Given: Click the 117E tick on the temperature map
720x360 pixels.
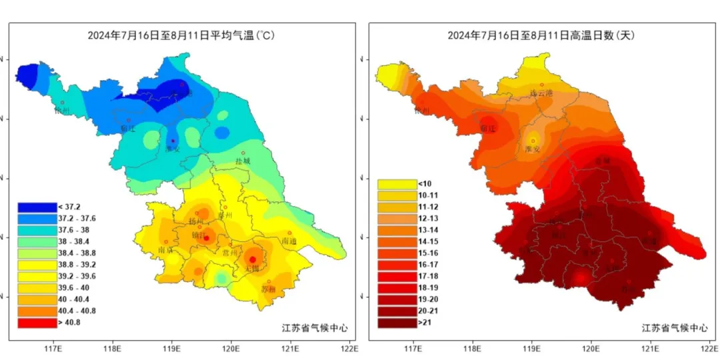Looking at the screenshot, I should click(53, 347).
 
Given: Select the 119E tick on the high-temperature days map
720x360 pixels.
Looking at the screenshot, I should click(532, 347).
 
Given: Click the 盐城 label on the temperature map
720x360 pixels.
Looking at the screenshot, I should click(243, 161).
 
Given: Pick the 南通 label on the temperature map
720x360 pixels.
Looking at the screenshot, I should click(289, 241).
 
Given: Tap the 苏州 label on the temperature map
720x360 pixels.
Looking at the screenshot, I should click(268, 289).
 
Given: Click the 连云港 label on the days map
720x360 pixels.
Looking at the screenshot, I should click(541, 93).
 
